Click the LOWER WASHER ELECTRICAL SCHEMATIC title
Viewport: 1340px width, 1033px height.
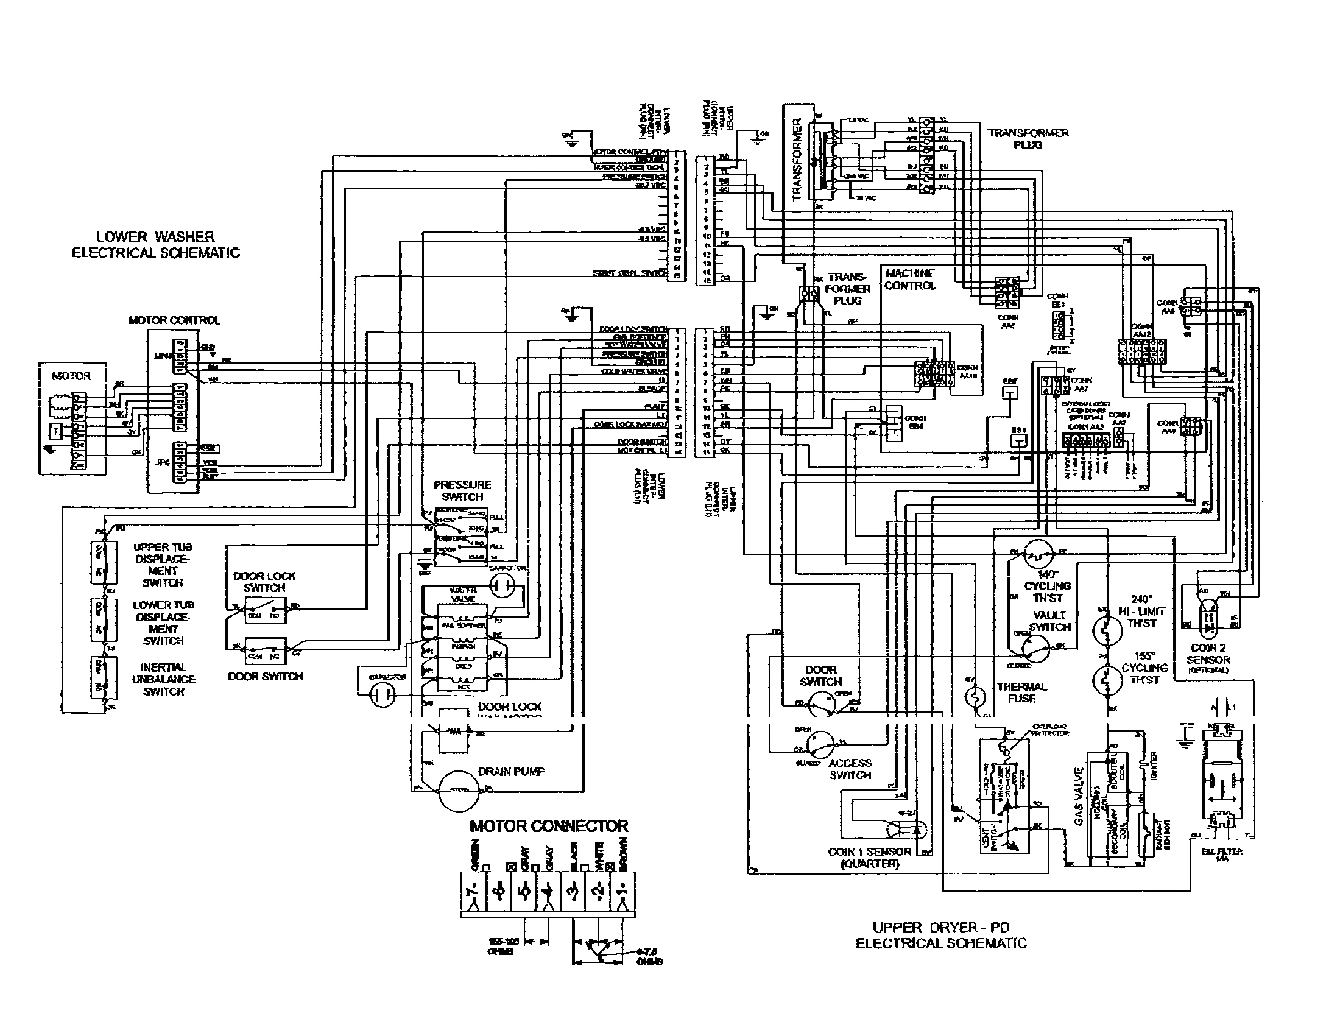[155, 245]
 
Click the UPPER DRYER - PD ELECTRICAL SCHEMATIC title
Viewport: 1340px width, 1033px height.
[940, 936]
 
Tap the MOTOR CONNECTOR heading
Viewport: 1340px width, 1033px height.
[549, 827]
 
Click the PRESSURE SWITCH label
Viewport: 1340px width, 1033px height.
[462, 491]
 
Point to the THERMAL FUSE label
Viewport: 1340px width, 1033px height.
[1021, 693]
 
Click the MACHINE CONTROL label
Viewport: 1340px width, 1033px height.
[910, 280]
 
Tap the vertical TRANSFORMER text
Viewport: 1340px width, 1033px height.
[797, 160]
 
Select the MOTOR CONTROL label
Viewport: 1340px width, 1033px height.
[174, 320]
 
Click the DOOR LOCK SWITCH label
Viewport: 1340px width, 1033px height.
[264, 582]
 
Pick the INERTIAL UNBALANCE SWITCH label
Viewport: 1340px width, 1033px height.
[163, 679]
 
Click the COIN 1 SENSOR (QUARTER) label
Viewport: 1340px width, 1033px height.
[869, 858]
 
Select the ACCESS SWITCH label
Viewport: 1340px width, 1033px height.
[850, 769]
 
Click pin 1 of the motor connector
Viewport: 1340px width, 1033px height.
[621, 891]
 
